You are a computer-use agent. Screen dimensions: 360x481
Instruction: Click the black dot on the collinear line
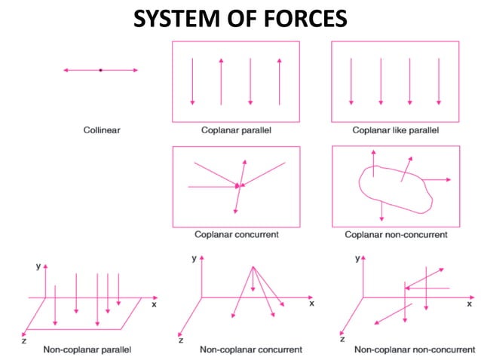(x=100, y=70)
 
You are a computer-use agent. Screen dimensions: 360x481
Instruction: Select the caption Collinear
(x=101, y=130)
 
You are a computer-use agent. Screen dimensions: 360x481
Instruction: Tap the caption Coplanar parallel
(x=236, y=130)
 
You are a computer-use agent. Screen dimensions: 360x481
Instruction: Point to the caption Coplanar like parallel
(x=396, y=130)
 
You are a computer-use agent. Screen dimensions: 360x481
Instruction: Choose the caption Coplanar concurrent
(x=236, y=234)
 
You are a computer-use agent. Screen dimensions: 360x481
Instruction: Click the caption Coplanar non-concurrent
(x=396, y=234)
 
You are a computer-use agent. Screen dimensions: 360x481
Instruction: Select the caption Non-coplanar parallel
(x=87, y=349)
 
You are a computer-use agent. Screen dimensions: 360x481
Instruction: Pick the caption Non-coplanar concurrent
(x=250, y=349)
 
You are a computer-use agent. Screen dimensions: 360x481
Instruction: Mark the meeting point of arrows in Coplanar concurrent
(x=239, y=185)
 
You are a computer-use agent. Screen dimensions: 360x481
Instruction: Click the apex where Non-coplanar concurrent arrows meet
(x=253, y=266)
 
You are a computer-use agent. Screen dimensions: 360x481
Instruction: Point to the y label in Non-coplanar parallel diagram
(x=38, y=267)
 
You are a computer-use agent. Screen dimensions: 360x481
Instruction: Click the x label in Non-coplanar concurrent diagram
(x=311, y=304)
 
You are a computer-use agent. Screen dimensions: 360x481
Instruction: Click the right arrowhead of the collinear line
(x=134, y=70)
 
